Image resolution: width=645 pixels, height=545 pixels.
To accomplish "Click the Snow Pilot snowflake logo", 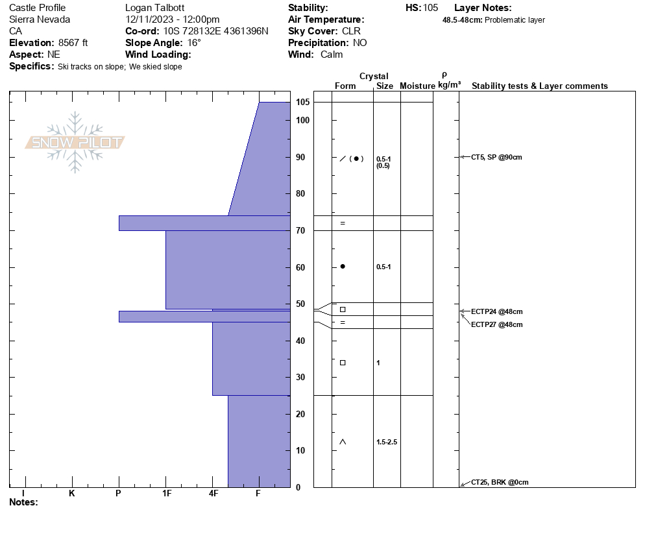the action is pos(75,142).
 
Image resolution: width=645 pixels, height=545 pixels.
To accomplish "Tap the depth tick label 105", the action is pos(303,102).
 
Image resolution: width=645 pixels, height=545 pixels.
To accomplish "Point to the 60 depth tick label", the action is pos(300,267).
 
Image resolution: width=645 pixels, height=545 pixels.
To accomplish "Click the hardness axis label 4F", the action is pos(213,493).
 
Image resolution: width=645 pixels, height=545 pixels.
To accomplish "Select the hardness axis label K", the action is pos(71,493).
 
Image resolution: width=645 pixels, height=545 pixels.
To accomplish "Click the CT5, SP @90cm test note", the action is pos(496,157).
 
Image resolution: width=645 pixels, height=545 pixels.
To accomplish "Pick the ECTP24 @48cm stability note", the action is pos(497,311).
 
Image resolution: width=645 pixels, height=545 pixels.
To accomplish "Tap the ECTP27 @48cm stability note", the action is pos(497,324).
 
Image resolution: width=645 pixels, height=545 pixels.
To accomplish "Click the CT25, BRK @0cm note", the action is pos(500,482).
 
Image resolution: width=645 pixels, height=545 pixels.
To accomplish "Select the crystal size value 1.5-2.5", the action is pos(387,442).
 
